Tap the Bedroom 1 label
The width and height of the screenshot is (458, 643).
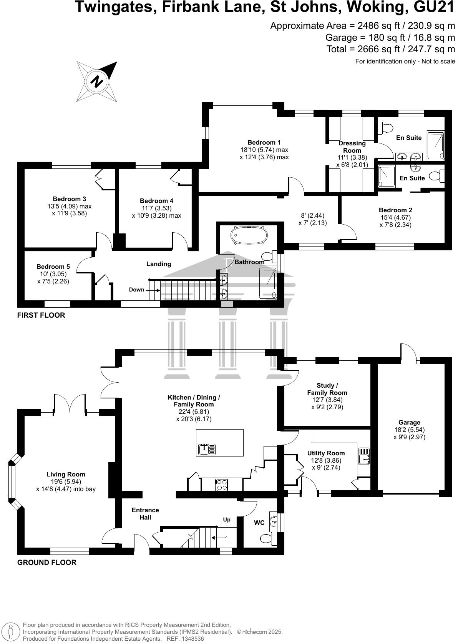(x=264, y=142)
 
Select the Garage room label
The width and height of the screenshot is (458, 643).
(x=409, y=422)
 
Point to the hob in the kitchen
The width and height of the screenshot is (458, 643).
(x=221, y=485)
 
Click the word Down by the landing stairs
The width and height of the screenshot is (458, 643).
(x=136, y=290)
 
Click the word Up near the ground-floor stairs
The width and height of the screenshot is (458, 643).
(x=227, y=520)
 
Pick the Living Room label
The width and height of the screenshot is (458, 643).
(x=66, y=475)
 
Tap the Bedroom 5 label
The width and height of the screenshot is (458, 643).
(x=53, y=267)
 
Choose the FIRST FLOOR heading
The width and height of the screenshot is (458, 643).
(x=41, y=315)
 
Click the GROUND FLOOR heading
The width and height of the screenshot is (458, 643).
(x=47, y=563)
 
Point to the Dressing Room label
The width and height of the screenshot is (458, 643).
(x=352, y=147)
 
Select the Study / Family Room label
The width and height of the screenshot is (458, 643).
(x=327, y=389)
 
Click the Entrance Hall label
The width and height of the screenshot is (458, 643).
(x=145, y=513)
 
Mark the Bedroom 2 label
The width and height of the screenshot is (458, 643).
(x=395, y=210)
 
